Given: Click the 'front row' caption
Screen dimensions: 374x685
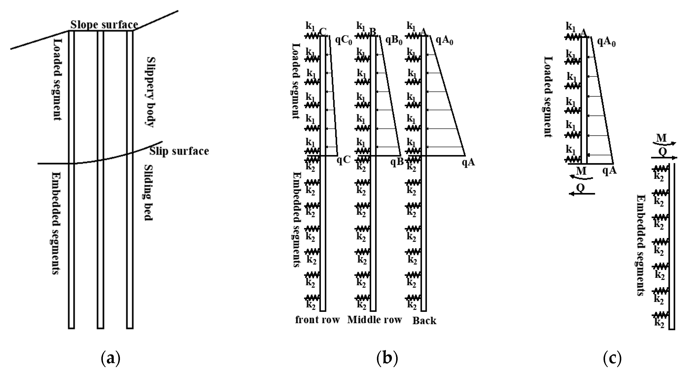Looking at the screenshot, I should point(317,320).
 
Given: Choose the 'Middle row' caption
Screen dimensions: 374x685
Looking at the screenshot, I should point(374,320).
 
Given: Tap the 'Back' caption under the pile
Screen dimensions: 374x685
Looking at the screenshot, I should point(424,321).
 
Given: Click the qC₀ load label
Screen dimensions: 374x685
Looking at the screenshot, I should point(344,41).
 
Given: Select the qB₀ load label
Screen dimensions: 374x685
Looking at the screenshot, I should point(394,41).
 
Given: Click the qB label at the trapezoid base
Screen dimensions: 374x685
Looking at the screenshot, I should point(397,161).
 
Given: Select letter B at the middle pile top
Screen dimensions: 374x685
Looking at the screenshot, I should point(373,32).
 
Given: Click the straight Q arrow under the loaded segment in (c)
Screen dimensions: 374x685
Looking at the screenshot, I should point(582,193).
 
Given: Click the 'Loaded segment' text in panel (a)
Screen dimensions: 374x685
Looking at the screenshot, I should point(58,80).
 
